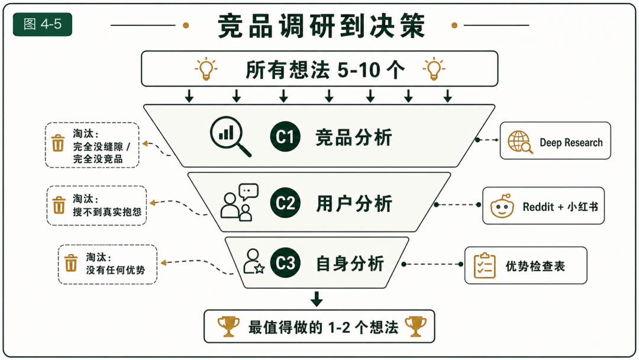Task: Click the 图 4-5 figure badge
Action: (x=43, y=24)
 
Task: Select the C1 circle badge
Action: (x=285, y=137)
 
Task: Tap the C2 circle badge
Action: (x=285, y=202)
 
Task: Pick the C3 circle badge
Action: (x=285, y=262)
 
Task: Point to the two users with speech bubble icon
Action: (x=239, y=202)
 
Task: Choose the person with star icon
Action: (x=253, y=261)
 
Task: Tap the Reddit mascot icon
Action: (x=502, y=206)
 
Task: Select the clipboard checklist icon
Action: (x=485, y=265)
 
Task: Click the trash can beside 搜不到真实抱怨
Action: (x=59, y=205)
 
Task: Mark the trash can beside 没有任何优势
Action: (x=71, y=263)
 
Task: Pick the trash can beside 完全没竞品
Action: (x=58, y=143)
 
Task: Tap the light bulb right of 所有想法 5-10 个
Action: (x=434, y=69)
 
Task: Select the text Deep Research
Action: (x=571, y=142)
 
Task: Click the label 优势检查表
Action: (x=535, y=266)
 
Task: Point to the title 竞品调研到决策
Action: (x=321, y=25)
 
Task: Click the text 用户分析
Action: (x=354, y=203)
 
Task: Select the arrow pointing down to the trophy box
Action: (x=317, y=298)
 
